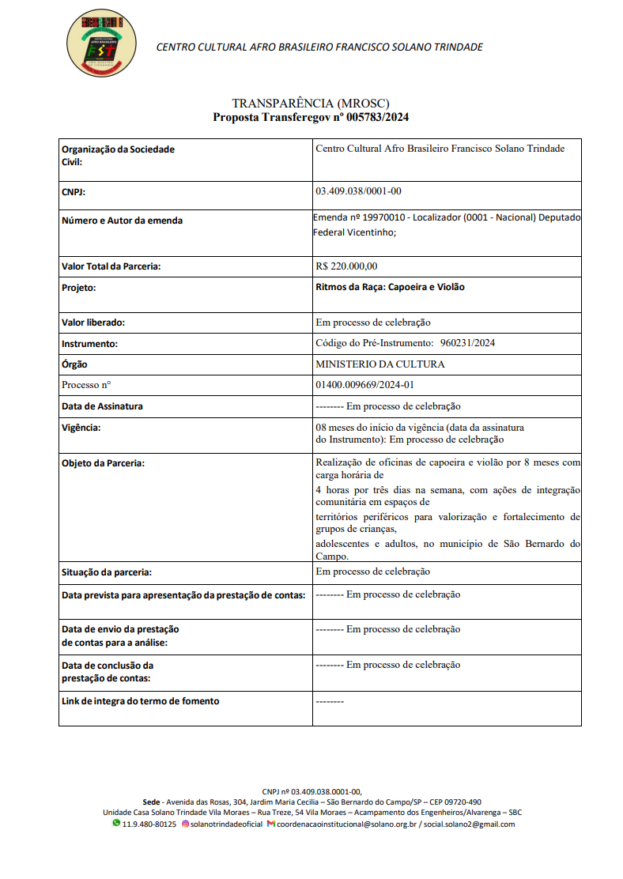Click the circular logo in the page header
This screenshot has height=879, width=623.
pos(101,45)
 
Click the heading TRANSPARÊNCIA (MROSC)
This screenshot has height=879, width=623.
pos(311,104)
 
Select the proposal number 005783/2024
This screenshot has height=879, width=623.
pos(377,117)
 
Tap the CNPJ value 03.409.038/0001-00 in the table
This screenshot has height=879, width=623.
pos(358,191)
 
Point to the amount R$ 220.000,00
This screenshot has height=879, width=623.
pos(346,266)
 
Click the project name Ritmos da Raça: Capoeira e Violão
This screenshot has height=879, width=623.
pos(390,287)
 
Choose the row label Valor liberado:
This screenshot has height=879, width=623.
pos(93,323)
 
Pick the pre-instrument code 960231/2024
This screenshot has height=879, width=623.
pos(467,343)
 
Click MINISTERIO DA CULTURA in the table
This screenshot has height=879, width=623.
pos(379,364)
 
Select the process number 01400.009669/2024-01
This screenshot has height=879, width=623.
pos(364,385)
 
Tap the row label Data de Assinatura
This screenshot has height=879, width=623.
pos(102,406)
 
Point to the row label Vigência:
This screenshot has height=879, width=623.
pos(81,428)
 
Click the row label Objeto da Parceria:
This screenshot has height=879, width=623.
pos(103,463)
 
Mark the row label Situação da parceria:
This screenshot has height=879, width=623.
pos(107,572)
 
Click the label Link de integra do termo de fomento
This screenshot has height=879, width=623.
pos(140,701)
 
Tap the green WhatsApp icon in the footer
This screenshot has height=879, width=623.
pos(116,824)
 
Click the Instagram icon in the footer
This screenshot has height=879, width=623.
pos(186,824)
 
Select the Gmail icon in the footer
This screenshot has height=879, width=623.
pos(270,824)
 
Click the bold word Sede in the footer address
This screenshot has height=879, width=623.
pos(150,802)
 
